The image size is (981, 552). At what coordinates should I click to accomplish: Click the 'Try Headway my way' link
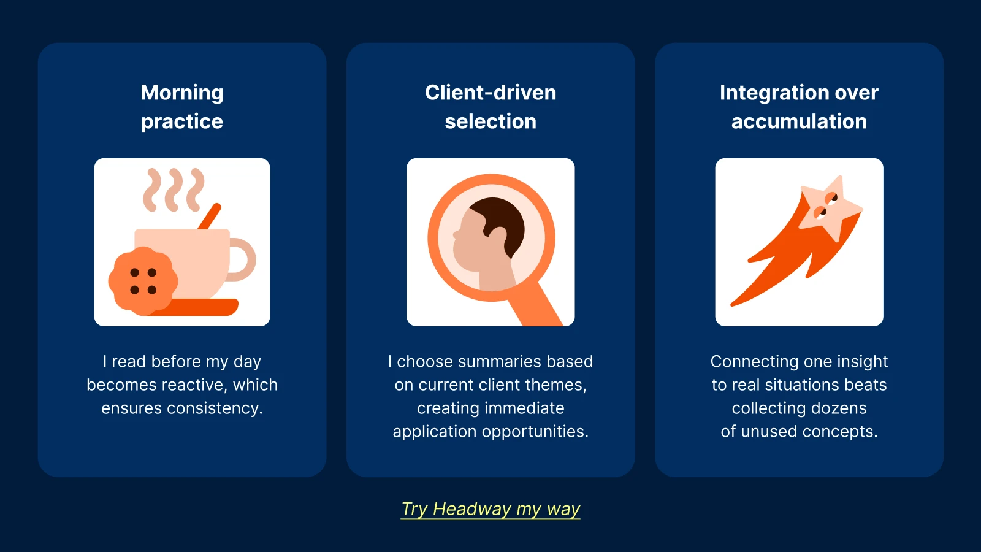(x=490, y=509)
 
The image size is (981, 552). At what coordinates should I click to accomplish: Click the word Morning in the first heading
(x=182, y=93)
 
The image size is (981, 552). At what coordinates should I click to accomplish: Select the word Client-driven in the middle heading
(x=490, y=93)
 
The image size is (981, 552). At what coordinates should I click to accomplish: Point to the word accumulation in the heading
(x=799, y=121)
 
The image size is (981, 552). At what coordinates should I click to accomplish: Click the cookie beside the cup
(x=143, y=281)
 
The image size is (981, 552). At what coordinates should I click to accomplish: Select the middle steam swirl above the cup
(x=175, y=190)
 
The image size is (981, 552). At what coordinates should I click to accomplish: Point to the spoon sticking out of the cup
(x=210, y=217)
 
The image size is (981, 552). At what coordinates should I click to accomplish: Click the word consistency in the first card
(x=215, y=408)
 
